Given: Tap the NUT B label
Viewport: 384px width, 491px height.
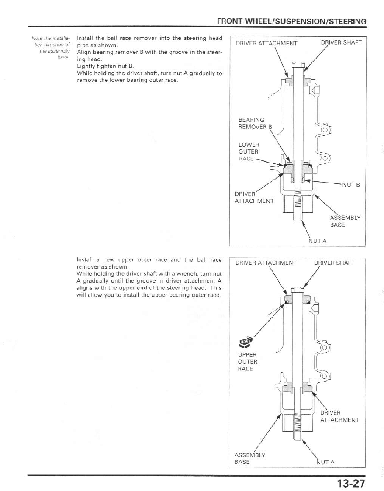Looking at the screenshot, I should pyautogui.click(x=350, y=185).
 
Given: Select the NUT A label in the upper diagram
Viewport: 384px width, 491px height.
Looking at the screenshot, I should pyautogui.click(x=318, y=240).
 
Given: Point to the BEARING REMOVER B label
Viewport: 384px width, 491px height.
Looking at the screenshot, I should pyautogui.click(x=254, y=123).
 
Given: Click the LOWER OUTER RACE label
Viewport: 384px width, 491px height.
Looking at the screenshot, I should pyautogui.click(x=248, y=152).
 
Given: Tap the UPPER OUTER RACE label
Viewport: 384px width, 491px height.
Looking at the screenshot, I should pyautogui.click(x=247, y=362).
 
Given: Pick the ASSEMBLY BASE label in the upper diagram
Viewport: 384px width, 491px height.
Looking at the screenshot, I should pyautogui.click(x=345, y=221).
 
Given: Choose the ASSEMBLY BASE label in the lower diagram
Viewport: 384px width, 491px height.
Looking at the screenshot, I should pyautogui.click(x=250, y=458).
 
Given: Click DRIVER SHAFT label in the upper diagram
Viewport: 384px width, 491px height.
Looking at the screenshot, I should pyautogui.click(x=341, y=43).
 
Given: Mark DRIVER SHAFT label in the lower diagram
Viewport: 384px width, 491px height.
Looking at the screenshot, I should pyautogui.click(x=334, y=263).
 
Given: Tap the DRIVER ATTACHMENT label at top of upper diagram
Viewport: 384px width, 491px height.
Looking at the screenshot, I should pyautogui.click(x=266, y=43).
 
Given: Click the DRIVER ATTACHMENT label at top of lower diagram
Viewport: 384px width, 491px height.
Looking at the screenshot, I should pyautogui.click(x=266, y=263).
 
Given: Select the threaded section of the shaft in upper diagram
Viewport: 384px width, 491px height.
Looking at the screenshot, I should pyautogui.click(x=298, y=201).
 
